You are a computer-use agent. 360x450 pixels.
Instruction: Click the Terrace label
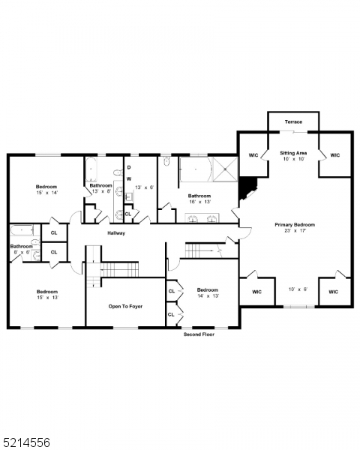tap(293, 121)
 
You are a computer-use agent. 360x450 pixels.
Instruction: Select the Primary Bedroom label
tap(294, 224)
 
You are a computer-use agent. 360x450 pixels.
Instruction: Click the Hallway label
tap(116, 233)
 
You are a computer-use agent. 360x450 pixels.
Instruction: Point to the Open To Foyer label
tap(125, 306)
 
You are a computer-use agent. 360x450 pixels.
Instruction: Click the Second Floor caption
tap(199, 334)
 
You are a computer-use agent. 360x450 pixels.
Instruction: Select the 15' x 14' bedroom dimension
tap(46, 193)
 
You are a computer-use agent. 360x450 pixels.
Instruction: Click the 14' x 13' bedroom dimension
tap(207, 297)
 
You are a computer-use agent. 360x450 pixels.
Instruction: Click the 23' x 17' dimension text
tap(294, 232)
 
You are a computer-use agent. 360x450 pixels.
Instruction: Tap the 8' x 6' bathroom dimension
tap(20, 252)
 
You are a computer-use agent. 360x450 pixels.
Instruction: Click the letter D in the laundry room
tap(128, 167)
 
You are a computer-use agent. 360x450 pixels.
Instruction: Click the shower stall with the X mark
tap(224, 169)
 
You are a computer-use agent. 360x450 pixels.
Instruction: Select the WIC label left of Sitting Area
tap(253, 155)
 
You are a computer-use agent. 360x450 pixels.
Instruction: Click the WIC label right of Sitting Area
tap(334, 155)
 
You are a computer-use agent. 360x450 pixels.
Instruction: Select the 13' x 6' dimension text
tap(145, 187)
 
